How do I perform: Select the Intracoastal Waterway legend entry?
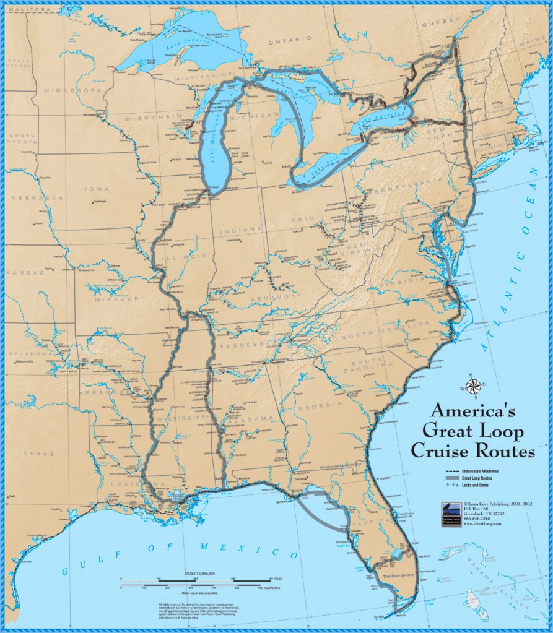point(489,472)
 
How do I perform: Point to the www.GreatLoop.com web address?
point(483,523)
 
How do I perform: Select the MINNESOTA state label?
point(71,90)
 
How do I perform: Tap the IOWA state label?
point(98,189)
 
